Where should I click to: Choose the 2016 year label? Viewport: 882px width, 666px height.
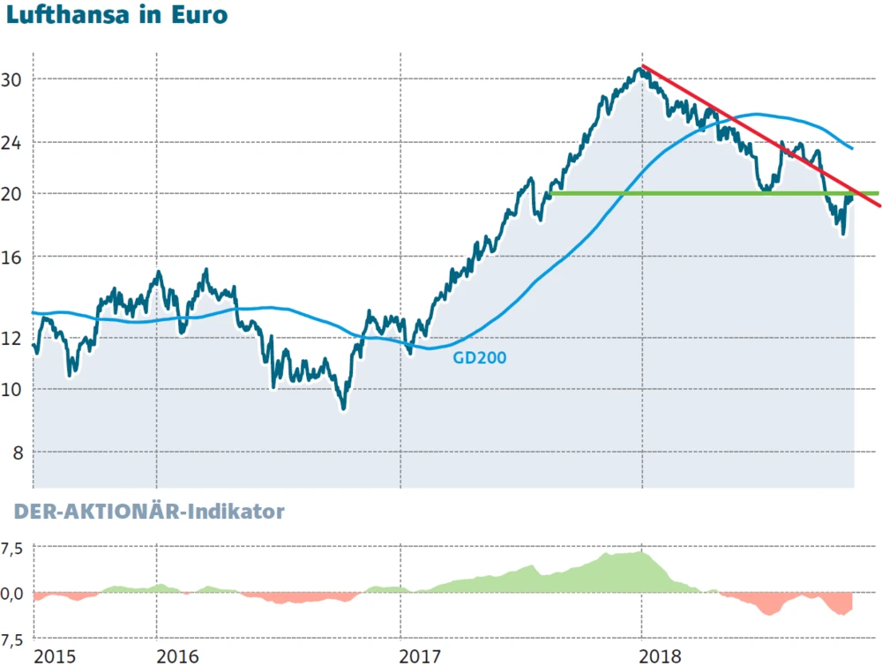177,655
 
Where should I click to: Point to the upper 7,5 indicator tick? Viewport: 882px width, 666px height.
12,549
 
